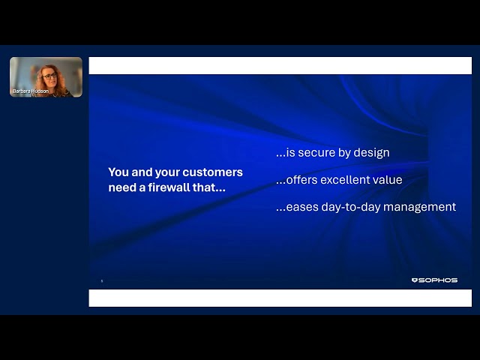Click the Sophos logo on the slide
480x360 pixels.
coord(434,280)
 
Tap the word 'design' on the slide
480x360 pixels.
coord(371,153)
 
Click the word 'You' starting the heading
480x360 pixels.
coord(118,172)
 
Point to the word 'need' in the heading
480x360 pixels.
coord(122,187)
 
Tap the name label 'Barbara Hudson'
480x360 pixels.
coord(29,91)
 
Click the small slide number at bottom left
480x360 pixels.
coord(102,281)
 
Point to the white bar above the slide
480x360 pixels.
coord(280,66)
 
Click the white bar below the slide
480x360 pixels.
coord(280,298)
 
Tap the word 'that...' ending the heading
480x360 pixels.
coord(209,187)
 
